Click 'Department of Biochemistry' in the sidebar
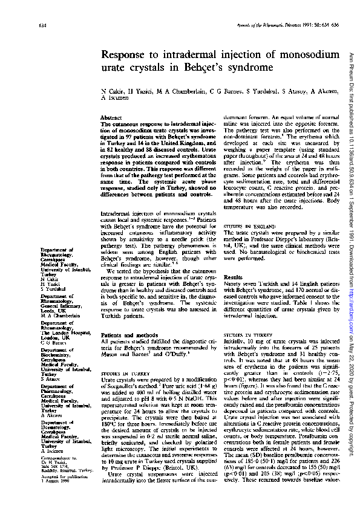point(57,352)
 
